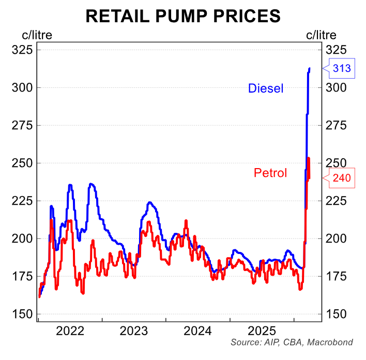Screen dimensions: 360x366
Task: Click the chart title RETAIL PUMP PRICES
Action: (183, 16)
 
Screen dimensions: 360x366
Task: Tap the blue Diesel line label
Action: (266, 88)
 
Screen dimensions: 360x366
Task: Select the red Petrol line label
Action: (270, 173)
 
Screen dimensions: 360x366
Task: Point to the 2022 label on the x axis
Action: (70, 331)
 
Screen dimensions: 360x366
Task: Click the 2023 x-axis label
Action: (134, 331)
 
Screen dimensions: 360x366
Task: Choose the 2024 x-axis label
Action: (197, 331)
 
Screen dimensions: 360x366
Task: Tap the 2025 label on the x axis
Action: (262, 331)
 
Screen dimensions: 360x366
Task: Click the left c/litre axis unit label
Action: (36, 35)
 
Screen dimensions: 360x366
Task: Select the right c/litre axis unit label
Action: (321, 35)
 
